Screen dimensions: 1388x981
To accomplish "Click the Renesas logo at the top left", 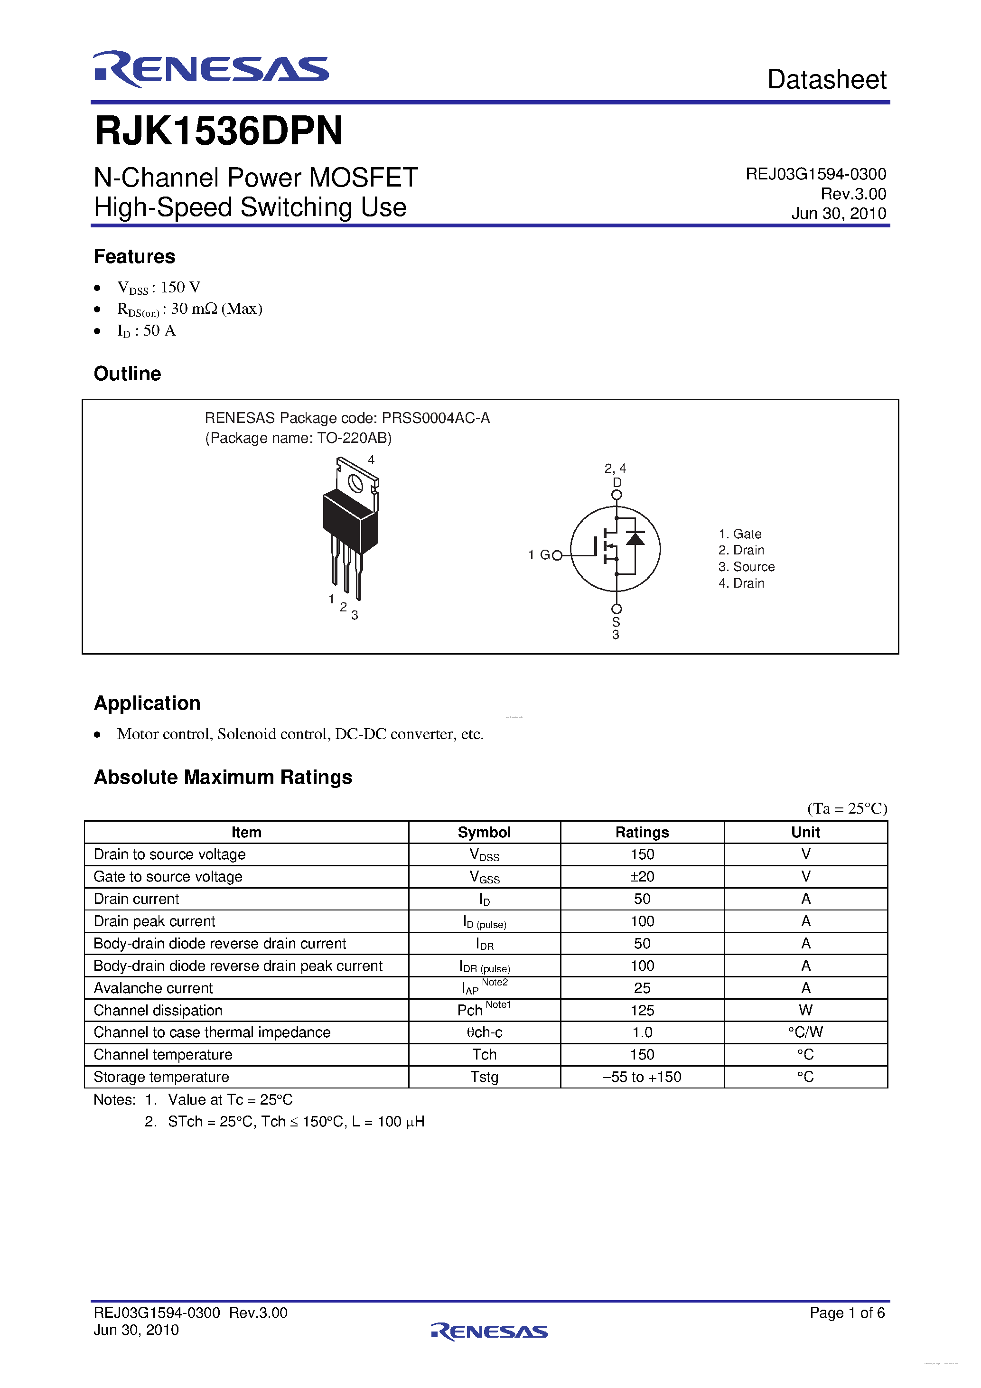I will [x=210, y=69].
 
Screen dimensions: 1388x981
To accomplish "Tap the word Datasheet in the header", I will [x=826, y=80].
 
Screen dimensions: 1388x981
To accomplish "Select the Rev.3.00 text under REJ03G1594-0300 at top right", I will [x=853, y=194].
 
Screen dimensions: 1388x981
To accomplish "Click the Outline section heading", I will [x=128, y=374].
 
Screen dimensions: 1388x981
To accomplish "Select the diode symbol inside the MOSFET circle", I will [x=635, y=537].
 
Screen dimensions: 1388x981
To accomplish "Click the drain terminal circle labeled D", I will [x=616, y=495].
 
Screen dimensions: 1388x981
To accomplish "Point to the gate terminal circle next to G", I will [x=557, y=555].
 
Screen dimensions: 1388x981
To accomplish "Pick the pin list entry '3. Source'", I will [x=746, y=566].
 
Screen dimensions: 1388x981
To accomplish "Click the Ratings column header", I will [x=642, y=833].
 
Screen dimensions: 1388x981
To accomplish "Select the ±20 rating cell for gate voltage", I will [x=642, y=877].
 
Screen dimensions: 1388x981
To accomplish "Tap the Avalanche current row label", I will [x=153, y=988].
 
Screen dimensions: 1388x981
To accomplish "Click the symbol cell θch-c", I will [x=484, y=1032].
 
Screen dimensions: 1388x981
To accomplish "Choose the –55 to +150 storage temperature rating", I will [x=642, y=1077].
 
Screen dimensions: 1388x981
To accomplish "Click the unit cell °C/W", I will [x=805, y=1032].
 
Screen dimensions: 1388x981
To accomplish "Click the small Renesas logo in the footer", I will [x=490, y=1331].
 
